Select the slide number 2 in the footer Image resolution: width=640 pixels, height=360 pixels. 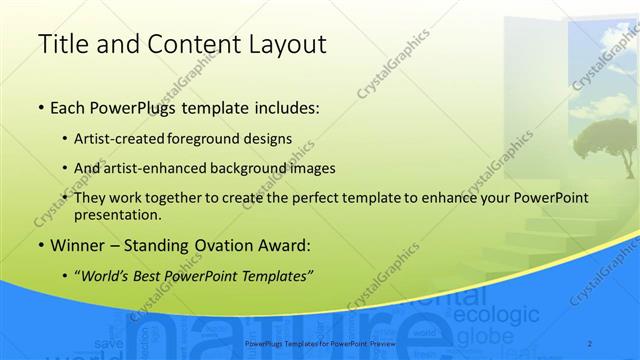(x=590, y=343)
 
